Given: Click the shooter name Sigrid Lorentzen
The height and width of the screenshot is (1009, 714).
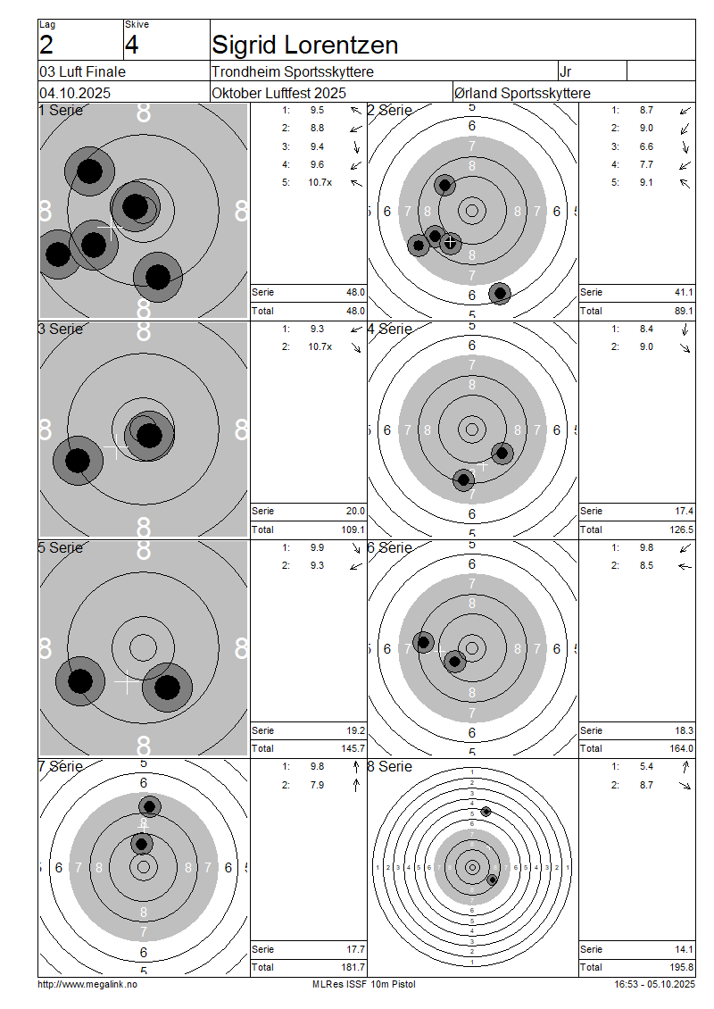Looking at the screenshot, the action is pyautogui.click(x=305, y=45).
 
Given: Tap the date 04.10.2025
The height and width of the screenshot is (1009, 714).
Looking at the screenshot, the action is pyautogui.click(x=75, y=93).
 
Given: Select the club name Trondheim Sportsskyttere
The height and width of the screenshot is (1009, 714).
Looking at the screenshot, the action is pyautogui.click(x=293, y=71).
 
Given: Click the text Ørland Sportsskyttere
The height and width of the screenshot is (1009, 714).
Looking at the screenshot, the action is pyautogui.click(x=522, y=93).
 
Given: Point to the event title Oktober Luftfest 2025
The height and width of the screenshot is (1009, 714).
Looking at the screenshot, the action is pyautogui.click(x=279, y=93).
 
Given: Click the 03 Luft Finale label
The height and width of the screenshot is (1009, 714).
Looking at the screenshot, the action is pyautogui.click(x=82, y=71).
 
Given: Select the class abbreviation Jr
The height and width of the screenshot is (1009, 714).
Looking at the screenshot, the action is pyautogui.click(x=566, y=71).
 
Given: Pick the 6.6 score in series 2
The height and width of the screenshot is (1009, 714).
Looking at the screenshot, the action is pyautogui.click(x=646, y=146).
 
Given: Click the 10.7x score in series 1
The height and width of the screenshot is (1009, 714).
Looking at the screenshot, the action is pyautogui.click(x=320, y=183).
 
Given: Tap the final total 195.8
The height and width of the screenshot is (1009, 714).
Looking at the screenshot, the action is pyautogui.click(x=681, y=967).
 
